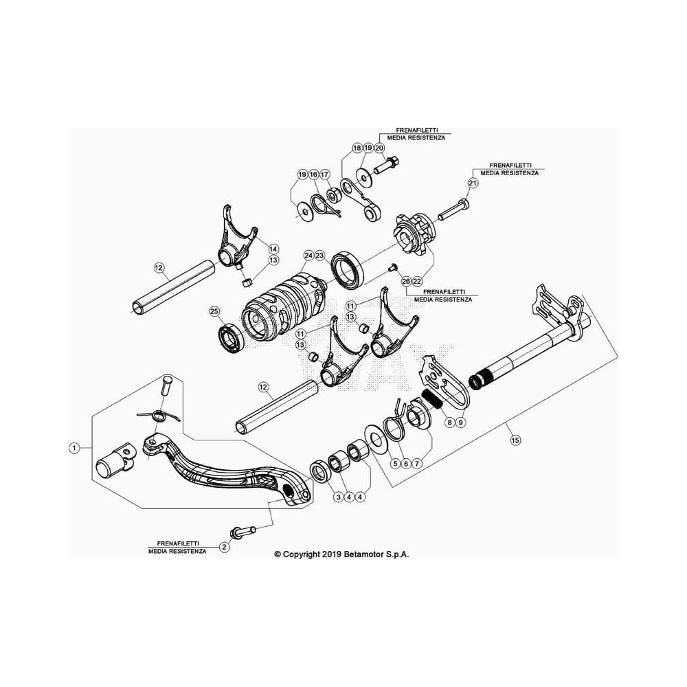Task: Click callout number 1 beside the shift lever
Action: click(x=74, y=447)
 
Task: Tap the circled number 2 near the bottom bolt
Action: click(x=225, y=547)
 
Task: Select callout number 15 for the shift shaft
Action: click(x=516, y=440)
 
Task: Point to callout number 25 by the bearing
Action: click(x=214, y=312)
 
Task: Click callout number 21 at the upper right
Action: click(x=473, y=183)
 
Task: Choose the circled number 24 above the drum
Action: click(x=308, y=255)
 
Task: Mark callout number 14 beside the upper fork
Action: click(x=273, y=249)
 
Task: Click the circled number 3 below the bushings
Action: click(x=338, y=497)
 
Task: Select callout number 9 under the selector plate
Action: click(x=460, y=423)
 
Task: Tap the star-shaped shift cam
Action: click(x=414, y=236)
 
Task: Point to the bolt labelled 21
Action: click(x=453, y=210)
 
